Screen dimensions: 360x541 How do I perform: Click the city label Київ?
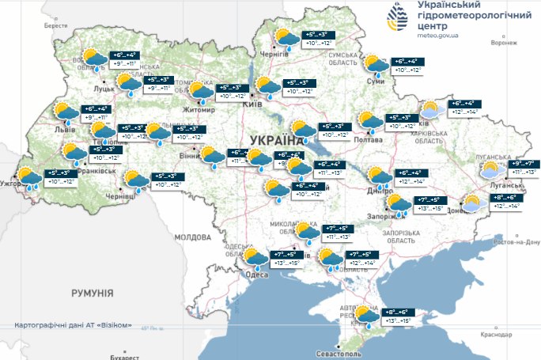(252, 104)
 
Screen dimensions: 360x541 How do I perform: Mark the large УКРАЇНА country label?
(276, 141)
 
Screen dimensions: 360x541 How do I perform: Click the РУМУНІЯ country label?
(93, 293)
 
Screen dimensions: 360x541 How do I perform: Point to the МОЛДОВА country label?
(190, 237)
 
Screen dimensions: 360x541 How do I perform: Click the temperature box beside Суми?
(408, 66)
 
